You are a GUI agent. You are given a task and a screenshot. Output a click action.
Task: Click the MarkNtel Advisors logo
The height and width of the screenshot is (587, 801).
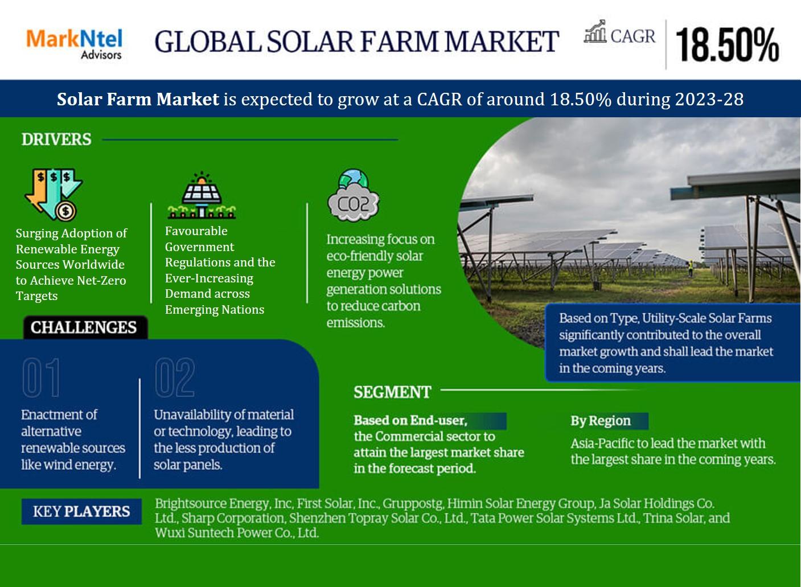point(75,44)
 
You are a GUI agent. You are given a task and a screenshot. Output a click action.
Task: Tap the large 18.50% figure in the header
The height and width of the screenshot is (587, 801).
point(728,45)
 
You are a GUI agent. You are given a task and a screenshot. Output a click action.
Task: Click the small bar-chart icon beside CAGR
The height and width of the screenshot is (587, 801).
point(595,31)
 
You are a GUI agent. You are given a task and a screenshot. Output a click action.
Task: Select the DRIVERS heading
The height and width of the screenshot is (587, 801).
point(56,139)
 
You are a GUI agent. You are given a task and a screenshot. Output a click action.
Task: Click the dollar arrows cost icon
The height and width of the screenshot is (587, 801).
point(54,194)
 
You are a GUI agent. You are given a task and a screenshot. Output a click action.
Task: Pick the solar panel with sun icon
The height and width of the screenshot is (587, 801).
point(202,195)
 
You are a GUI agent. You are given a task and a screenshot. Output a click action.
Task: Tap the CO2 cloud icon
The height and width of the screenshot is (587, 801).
point(354,195)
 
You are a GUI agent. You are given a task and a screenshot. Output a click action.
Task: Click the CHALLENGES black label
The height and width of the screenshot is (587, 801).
point(85,327)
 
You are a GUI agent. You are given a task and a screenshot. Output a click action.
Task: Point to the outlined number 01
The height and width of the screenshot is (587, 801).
point(41,377)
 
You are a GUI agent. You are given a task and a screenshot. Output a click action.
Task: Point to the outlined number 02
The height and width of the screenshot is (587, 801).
point(175,377)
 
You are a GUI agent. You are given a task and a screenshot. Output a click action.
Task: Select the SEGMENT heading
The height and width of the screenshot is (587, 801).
point(392,392)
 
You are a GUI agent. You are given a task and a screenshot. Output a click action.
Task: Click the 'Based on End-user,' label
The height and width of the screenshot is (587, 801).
point(410,421)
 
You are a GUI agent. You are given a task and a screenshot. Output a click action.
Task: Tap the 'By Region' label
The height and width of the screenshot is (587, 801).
point(601,421)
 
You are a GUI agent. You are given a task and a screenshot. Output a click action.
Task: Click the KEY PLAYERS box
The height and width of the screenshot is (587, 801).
point(81,511)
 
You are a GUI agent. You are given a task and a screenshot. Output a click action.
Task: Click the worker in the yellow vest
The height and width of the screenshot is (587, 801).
point(691,268)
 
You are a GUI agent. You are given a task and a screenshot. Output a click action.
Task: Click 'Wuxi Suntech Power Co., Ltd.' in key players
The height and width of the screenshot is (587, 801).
point(237,533)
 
